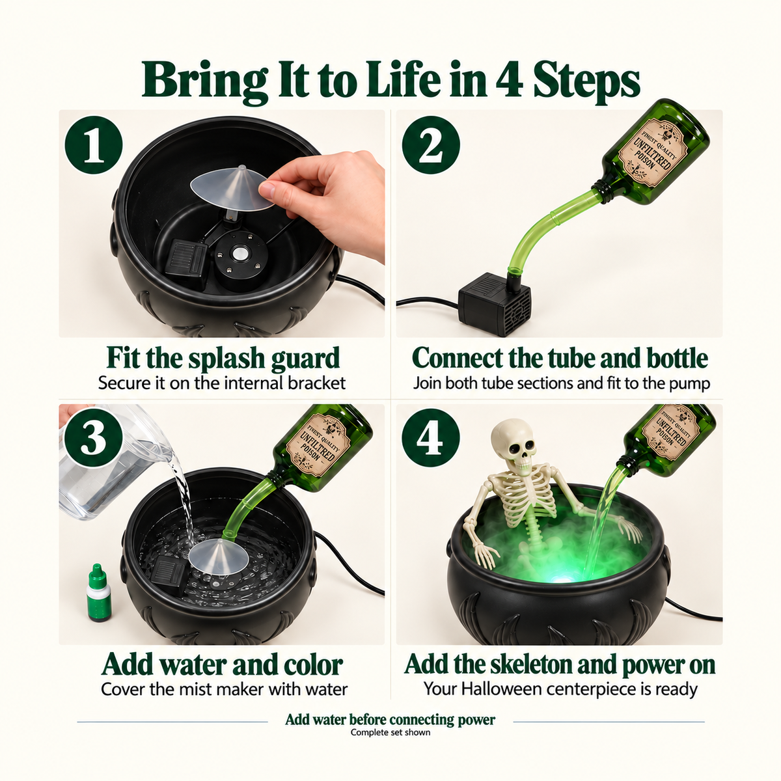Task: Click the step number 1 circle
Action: [94, 145]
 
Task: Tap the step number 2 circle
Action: [431, 145]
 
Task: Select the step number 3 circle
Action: [94, 439]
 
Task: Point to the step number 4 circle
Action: [431, 439]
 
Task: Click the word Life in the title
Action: [404, 78]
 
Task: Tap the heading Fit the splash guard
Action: [223, 358]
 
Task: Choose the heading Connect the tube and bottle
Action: [560, 358]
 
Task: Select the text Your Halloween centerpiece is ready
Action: [560, 689]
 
